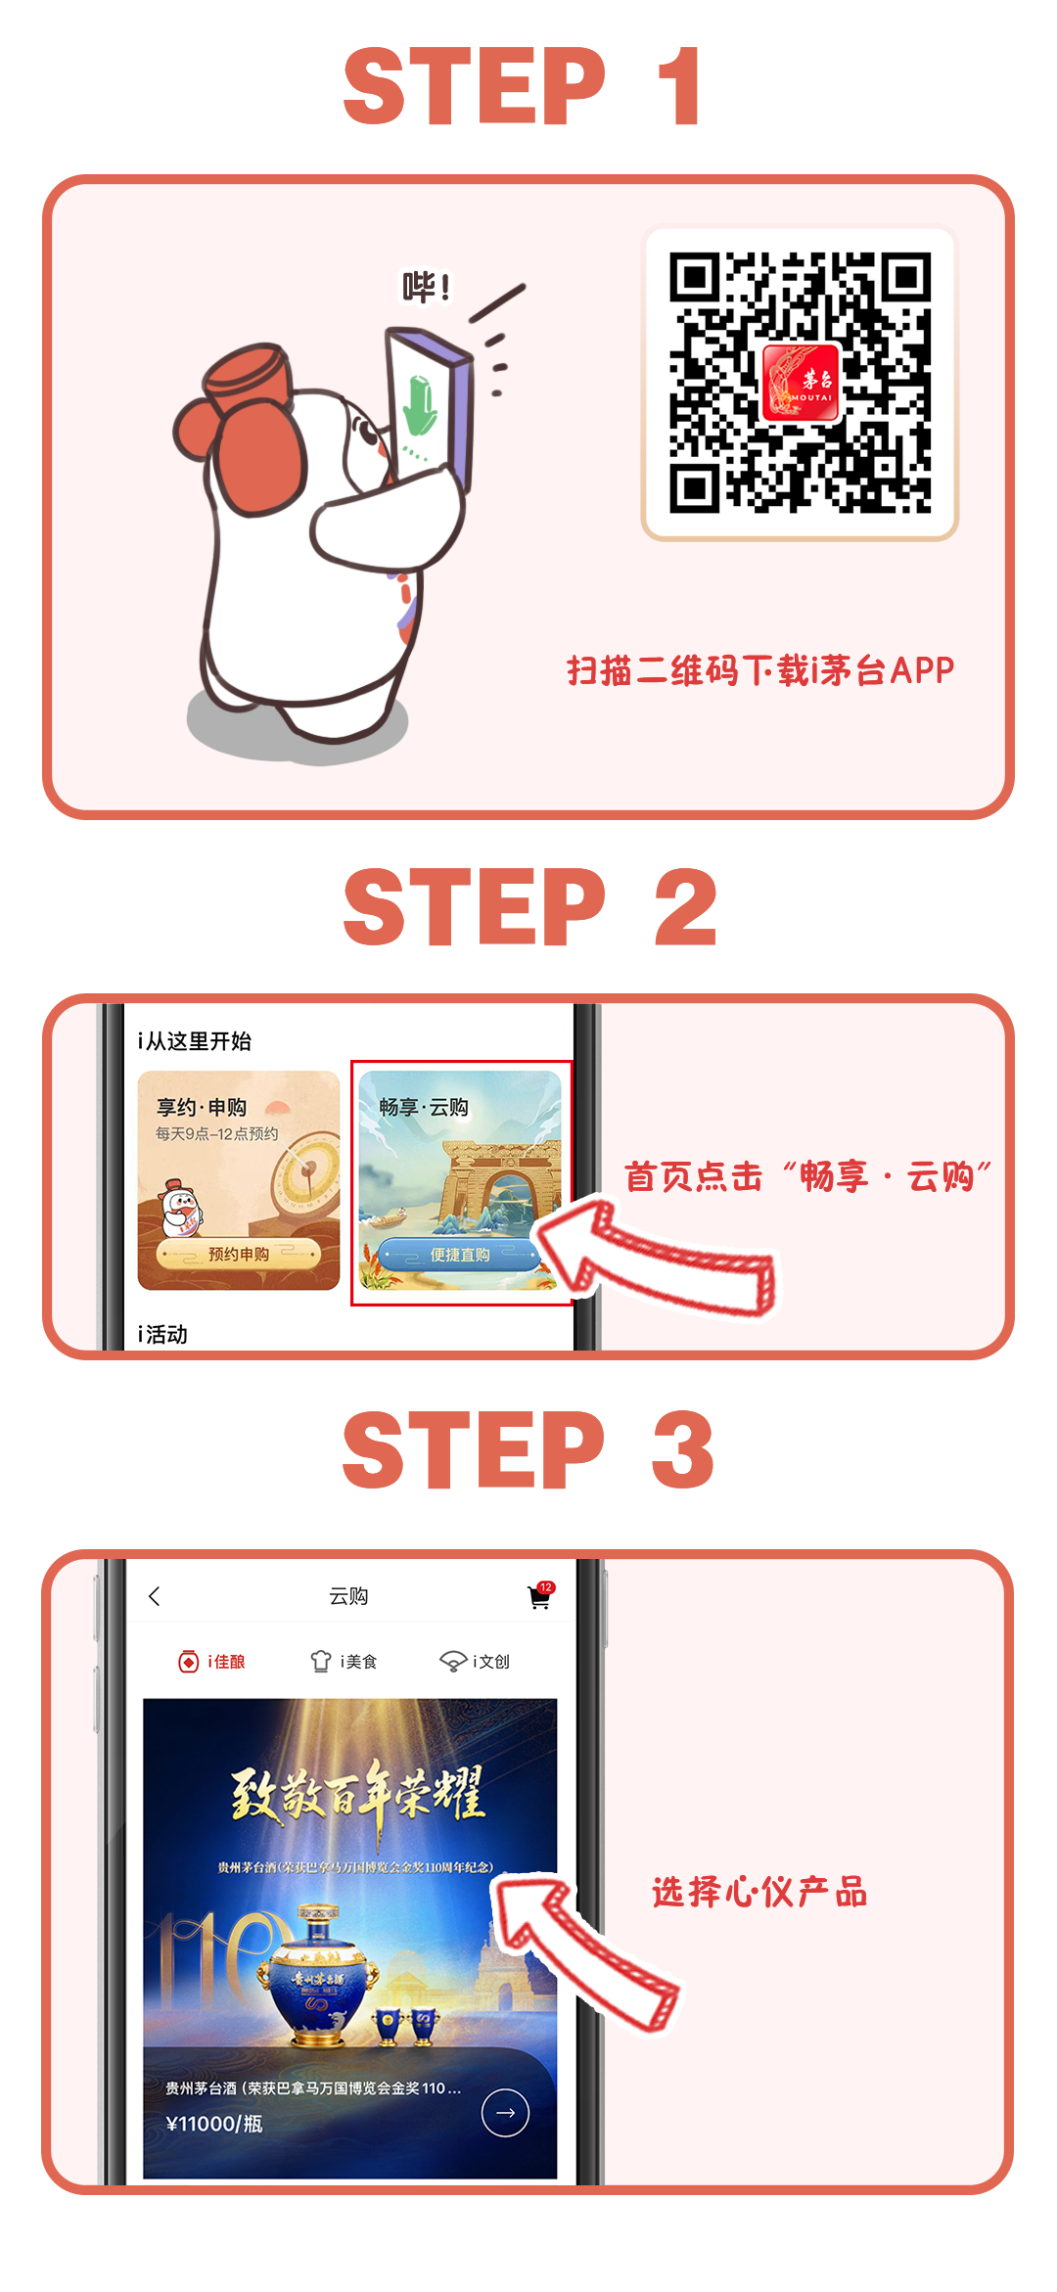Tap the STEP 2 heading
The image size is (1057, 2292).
[x=530, y=906]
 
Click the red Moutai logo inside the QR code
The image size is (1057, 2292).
[x=801, y=383]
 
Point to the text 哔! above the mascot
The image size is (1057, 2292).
[x=427, y=287]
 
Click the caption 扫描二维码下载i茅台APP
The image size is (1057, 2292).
[x=760, y=670]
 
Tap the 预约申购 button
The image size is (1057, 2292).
[x=238, y=1254]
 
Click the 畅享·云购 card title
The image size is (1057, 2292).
[x=424, y=1107]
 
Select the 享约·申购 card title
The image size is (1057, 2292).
[x=202, y=1107]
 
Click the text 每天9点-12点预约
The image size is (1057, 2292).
[x=217, y=1133]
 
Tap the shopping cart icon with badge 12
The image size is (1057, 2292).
[x=540, y=1595]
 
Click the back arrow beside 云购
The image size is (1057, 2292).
[x=154, y=1596]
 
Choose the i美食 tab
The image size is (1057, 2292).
[x=344, y=1661]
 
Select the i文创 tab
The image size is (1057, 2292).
[x=475, y=1661]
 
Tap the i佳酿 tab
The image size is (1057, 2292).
[x=211, y=1661]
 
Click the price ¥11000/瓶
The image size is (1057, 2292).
[x=214, y=2123]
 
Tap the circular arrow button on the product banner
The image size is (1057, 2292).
[x=505, y=2112]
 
